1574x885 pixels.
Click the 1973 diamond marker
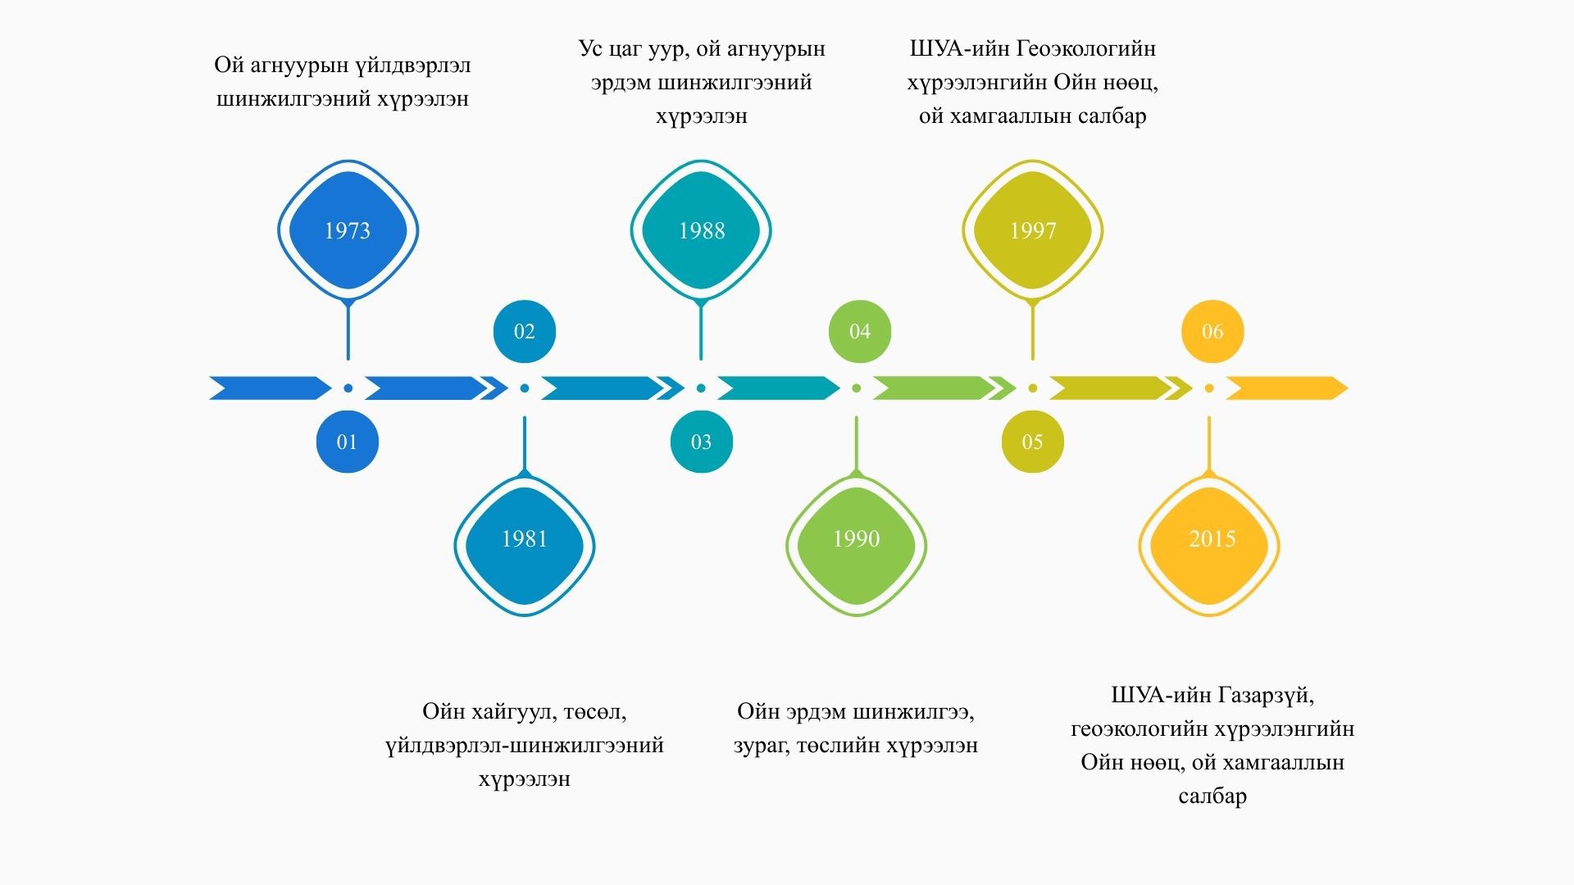[x=348, y=230]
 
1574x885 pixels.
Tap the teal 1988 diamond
[x=701, y=230]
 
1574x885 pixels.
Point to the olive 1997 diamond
[x=1032, y=230]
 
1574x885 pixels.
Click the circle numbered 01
[x=348, y=442]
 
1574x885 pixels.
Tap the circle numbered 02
[x=525, y=331]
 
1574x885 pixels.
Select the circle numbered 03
[x=701, y=442]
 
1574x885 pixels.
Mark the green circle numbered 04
[x=859, y=331]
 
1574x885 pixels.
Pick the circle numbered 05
[x=1032, y=442]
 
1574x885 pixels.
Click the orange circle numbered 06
[x=1212, y=331]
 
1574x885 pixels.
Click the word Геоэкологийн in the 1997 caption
[x=1085, y=49]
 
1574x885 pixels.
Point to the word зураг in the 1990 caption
[x=761, y=746]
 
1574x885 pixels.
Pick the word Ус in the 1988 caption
[x=591, y=49]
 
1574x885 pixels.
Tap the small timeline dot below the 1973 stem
[x=348, y=388]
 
